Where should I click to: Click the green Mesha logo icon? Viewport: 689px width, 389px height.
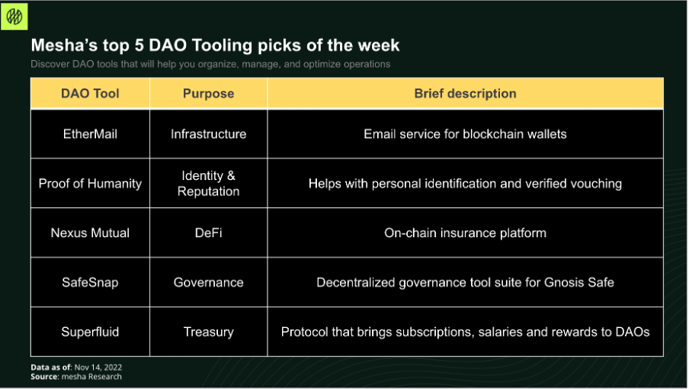click(x=14, y=17)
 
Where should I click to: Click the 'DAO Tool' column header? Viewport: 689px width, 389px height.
click(x=90, y=94)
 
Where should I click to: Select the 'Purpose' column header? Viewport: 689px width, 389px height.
click(x=208, y=94)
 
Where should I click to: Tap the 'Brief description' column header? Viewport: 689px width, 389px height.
click(x=465, y=94)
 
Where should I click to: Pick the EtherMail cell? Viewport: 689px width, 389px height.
click(x=90, y=134)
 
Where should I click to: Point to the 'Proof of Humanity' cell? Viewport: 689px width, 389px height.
click(x=90, y=183)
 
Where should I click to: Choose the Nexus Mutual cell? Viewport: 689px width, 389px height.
click(x=90, y=233)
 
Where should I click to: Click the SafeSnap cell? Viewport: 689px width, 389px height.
click(x=90, y=282)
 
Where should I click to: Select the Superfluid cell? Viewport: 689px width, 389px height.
click(x=90, y=332)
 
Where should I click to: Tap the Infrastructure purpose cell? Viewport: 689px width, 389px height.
click(x=208, y=134)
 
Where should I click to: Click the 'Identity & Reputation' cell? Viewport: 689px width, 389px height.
click(x=208, y=183)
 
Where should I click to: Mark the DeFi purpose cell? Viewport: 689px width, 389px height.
click(x=208, y=233)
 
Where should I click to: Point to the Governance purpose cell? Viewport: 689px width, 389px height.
click(x=208, y=282)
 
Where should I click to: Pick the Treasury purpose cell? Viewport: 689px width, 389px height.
click(x=208, y=332)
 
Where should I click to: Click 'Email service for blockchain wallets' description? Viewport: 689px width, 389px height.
click(x=465, y=134)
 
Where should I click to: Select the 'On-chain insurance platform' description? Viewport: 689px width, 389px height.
click(x=465, y=233)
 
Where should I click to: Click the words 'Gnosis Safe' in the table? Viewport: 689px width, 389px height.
click(x=578, y=282)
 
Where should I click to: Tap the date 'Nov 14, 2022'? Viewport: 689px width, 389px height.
click(x=98, y=368)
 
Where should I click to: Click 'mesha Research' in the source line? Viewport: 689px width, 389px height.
click(x=91, y=377)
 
